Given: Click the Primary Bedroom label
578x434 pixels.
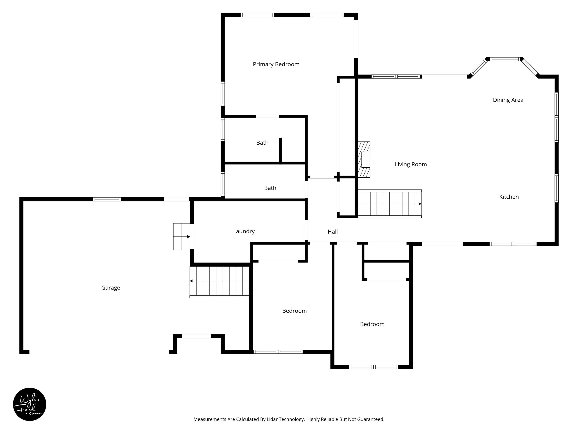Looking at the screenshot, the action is click(x=276, y=64).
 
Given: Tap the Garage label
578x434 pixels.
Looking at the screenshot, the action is click(x=110, y=288).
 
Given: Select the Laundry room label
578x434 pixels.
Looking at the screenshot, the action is click(x=244, y=231).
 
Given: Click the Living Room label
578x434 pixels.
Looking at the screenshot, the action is click(x=411, y=164).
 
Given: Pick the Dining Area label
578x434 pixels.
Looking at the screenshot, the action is click(x=508, y=100).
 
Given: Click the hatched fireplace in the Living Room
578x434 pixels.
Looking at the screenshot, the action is click(x=364, y=160).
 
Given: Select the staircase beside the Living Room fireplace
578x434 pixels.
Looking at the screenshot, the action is click(x=389, y=204).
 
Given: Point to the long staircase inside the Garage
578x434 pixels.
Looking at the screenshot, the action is click(x=219, y=282).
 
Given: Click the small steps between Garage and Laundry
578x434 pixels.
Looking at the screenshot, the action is click(x=182, y=236).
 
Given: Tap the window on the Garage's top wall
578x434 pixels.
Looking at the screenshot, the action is click(x=107, y=199).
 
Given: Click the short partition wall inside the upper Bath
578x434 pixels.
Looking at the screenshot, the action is click(x=280, y=150).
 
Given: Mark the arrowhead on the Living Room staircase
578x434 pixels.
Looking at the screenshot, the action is click(x=420, y=204).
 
